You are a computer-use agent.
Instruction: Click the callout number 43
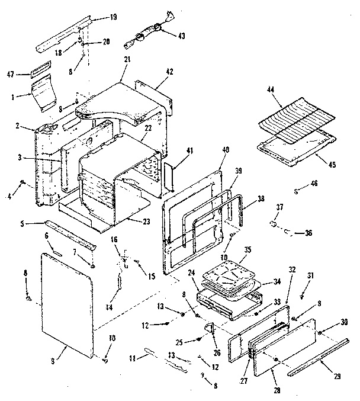click(181, 36)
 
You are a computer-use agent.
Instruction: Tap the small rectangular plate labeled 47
click(40, 73)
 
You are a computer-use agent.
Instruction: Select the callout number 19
click(113, 17)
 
